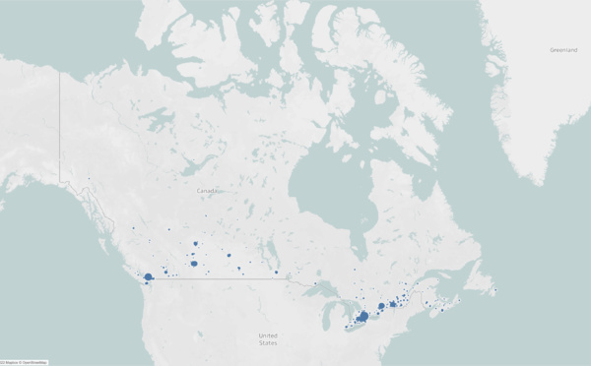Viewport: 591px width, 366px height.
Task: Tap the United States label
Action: [267, 338]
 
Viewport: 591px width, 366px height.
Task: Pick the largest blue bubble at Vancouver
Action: [148, 277]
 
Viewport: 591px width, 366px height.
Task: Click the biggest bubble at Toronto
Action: [363, 316]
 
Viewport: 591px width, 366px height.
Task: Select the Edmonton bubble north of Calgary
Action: [196, 243]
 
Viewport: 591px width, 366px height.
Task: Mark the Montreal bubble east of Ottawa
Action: [393, 304]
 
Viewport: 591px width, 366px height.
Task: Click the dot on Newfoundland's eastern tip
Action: [495, 290]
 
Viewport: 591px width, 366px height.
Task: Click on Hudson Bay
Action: [325, 207]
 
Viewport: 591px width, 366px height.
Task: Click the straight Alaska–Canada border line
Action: [60, 128]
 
